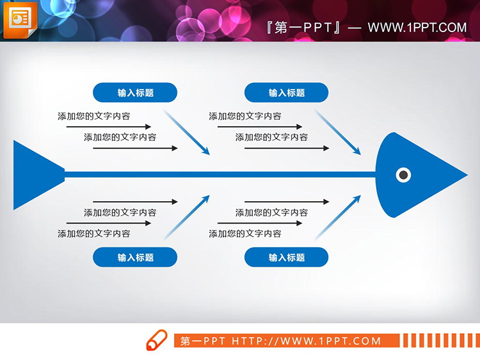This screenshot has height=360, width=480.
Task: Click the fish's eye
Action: (403, 174)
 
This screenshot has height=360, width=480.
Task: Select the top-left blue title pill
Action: (135, 93)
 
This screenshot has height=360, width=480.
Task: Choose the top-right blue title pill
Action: (286, 93)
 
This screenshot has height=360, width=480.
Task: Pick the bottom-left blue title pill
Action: (135, 258)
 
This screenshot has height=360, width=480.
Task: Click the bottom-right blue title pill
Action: (286, 258)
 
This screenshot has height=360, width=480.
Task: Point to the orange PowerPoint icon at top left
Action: (20, 17)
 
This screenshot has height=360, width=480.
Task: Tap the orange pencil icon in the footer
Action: (157, 340)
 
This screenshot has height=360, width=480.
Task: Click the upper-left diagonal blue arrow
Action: (187, 133)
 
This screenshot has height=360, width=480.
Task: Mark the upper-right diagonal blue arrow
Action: (338, 133)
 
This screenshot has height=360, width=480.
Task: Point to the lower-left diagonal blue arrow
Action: (187, 217)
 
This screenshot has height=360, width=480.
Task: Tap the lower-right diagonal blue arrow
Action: (338, 217)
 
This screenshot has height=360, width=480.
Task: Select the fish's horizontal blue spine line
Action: (218, 174)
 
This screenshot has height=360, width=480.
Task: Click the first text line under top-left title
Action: (93, 117)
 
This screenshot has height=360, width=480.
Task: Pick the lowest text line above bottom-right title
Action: (244, 234)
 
